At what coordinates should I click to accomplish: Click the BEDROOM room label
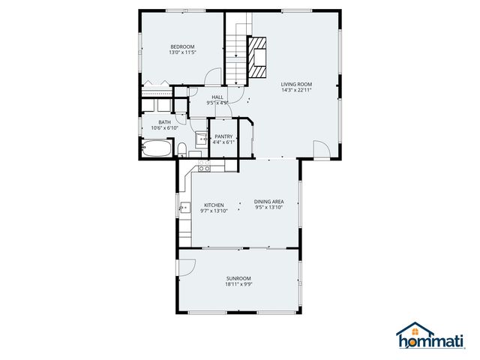(x=181, y=47)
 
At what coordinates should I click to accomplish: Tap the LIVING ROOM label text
(x=296, y=84)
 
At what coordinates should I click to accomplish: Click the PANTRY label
(x=223, y=136)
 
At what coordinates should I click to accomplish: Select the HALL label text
(x=217, y=97)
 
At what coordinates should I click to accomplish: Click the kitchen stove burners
(x=203, y=169)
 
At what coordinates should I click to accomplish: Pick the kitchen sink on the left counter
(x=182, y=209)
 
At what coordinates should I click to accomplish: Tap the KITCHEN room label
(x=214, y=205)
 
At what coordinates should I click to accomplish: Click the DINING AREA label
(x=268, y=201)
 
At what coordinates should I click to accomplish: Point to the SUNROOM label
(x=238, y=278)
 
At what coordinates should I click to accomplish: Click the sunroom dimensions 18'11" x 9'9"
(x=238, y=284)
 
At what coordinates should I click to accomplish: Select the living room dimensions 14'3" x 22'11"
(x=296, y=90)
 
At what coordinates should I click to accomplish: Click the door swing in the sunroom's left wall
(x=186, y=266)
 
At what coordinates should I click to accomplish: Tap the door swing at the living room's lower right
(x=320, y=149)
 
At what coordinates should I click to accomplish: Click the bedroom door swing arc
(x=214, y=77)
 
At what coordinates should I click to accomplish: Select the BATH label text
(x=163, y=121)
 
